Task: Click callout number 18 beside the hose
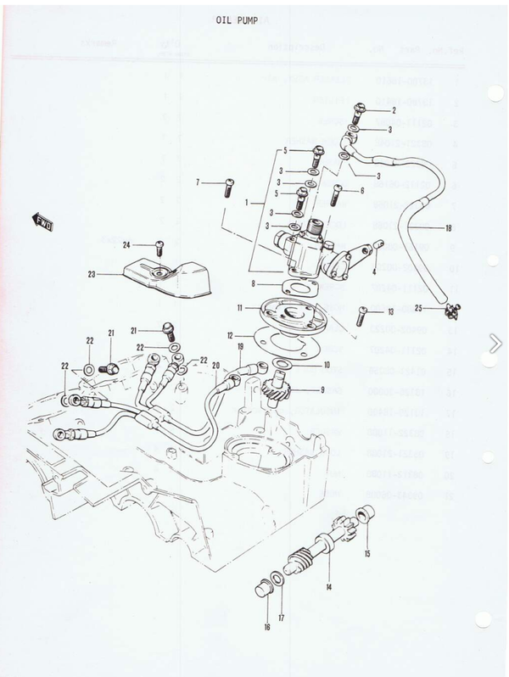pos(447,227)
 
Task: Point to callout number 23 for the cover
pos(92,274)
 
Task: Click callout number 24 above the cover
pos(126,245)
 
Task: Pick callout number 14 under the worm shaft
pos(328,586)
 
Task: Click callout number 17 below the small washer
pos(281,618)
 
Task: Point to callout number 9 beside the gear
pos(322,390)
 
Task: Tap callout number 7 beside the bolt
pos(198,182)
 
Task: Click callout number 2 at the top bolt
pos(393,112)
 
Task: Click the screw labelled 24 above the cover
pos(159,249)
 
